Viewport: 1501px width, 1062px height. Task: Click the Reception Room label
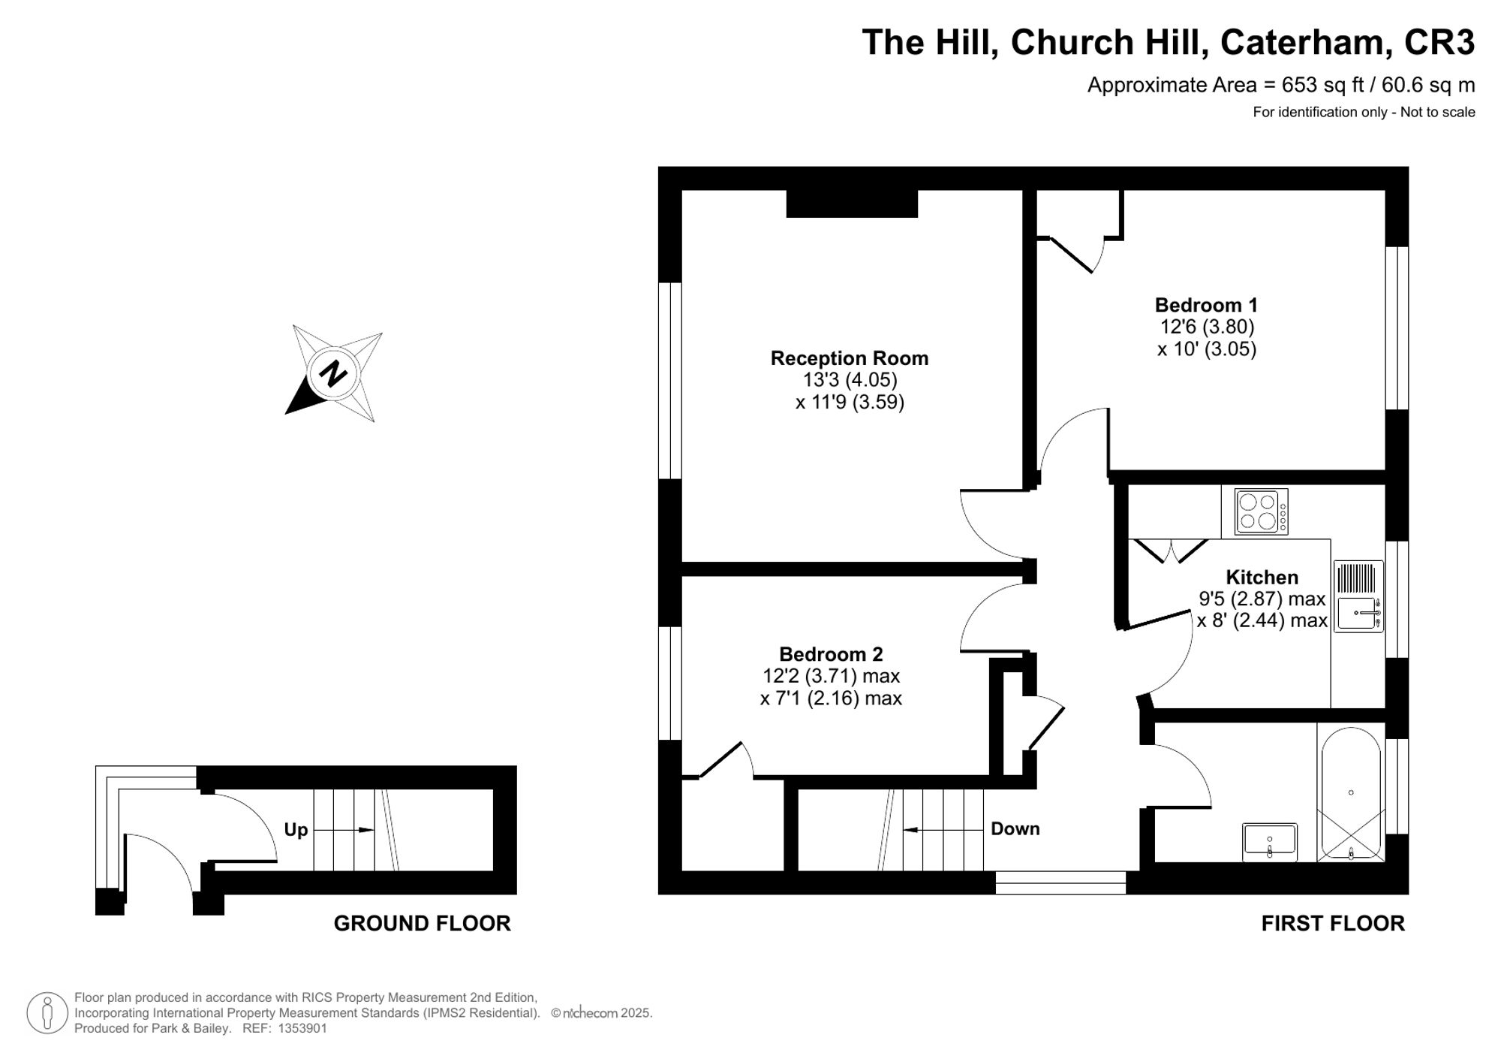point(849,358)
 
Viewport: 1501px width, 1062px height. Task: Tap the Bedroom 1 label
point(1205,305)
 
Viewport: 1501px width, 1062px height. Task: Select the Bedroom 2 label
point(830,654)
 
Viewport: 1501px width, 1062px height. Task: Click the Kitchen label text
point(1261,577)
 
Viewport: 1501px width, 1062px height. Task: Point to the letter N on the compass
point(332,373)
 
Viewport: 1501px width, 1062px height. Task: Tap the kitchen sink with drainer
point(1358,596)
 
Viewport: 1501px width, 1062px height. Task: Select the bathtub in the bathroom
point(1350,793)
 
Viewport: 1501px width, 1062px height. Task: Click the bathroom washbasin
point(1269,841)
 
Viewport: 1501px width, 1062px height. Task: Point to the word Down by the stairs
point(1015,828)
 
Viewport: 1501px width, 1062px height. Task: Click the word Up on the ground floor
point(296,830)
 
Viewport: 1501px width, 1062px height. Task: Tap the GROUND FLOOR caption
point(422,923)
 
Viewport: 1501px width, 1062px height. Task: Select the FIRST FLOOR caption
point(1332,923)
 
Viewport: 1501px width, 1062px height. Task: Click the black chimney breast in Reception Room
point(852,204)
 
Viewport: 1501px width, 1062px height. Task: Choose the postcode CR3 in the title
point(1439,42)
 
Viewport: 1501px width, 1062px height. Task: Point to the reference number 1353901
point(302,1028)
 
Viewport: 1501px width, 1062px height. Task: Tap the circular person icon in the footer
point(48,1012)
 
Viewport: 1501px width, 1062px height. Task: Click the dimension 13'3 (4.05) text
point(850,380)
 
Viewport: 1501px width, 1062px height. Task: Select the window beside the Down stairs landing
point(1060,882)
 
